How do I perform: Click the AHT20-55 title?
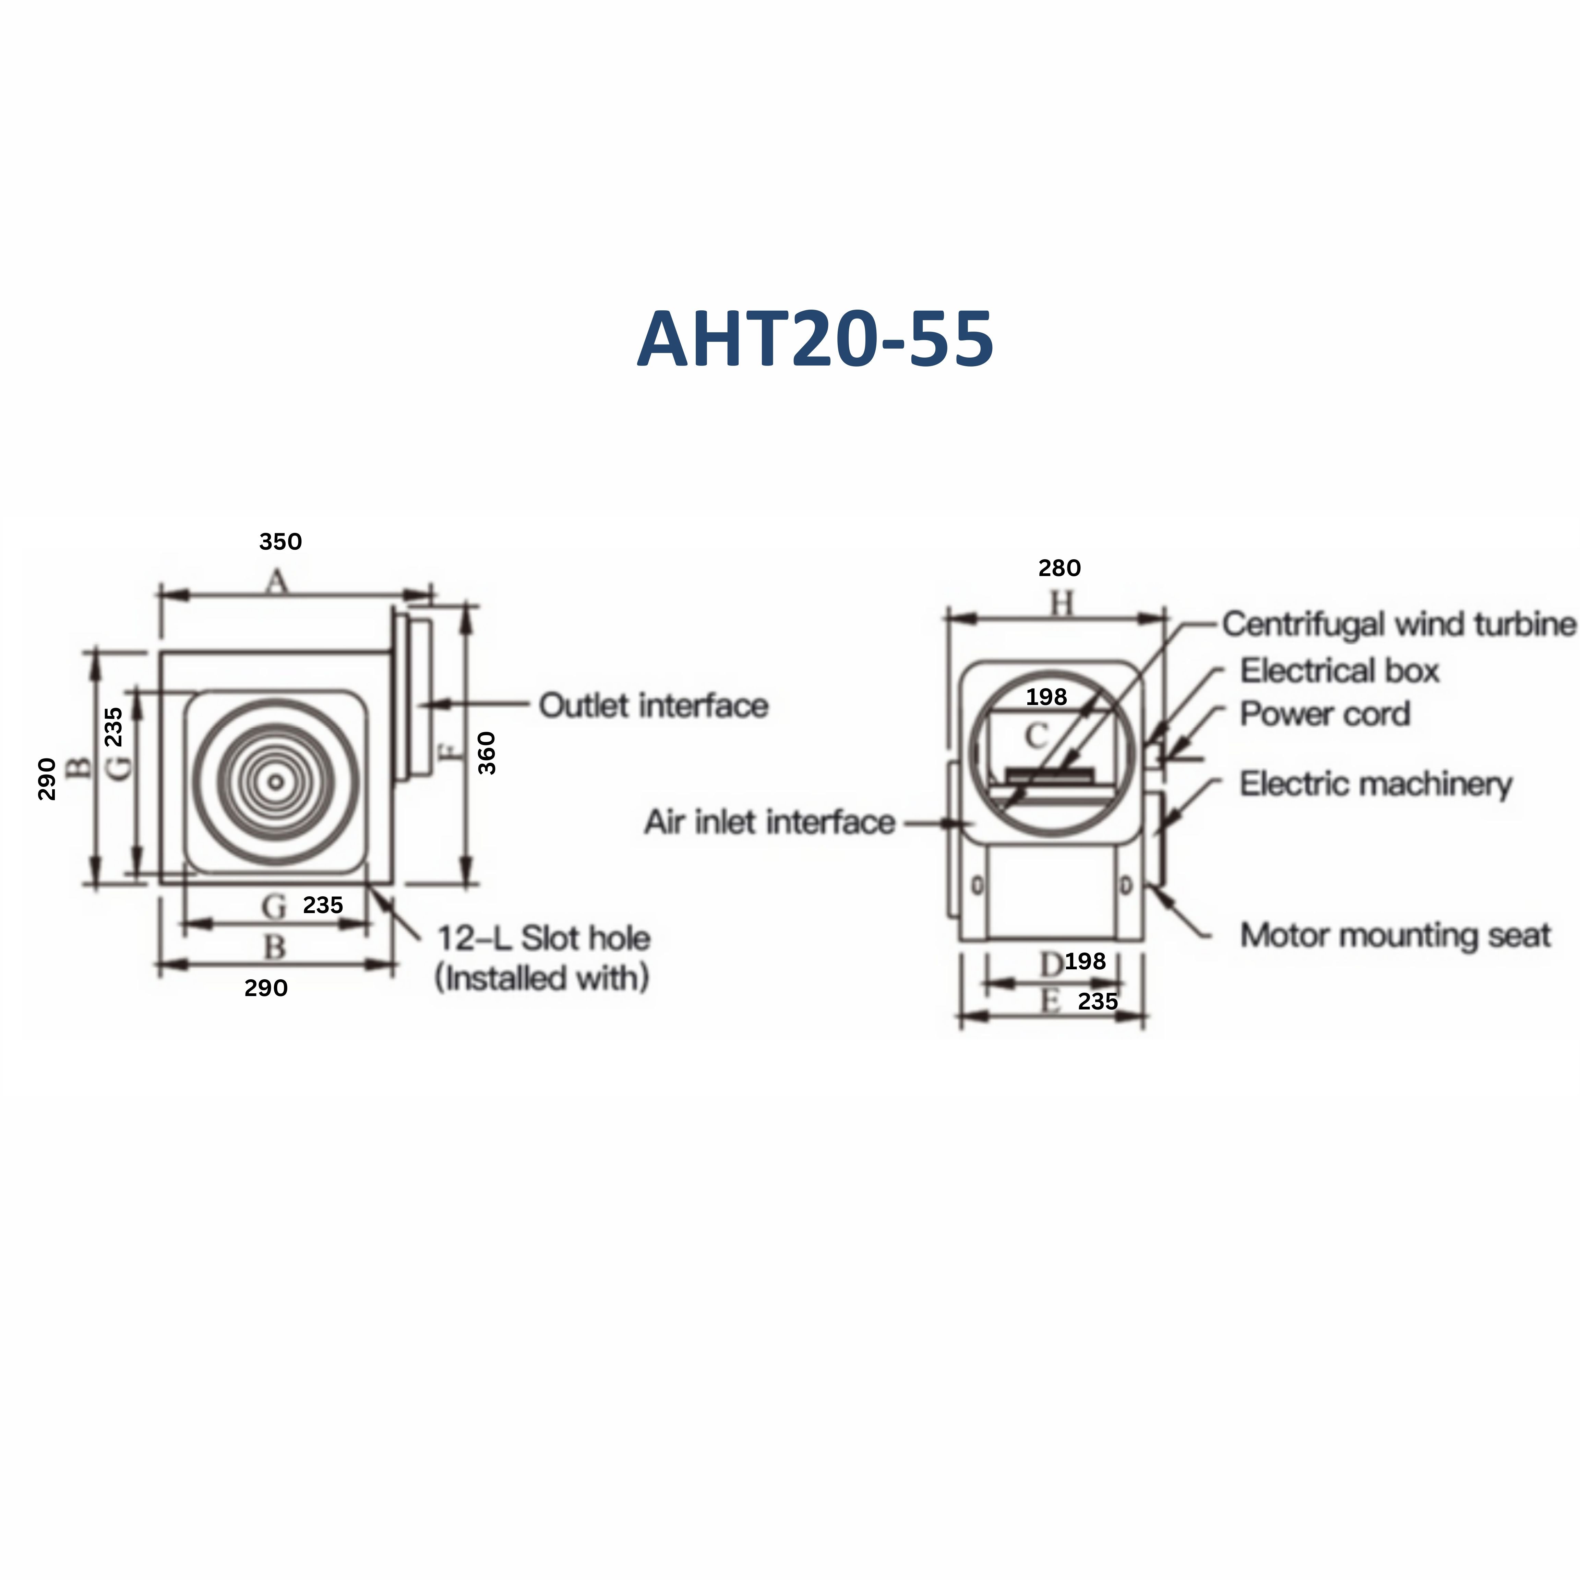815,338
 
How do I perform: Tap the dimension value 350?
280,541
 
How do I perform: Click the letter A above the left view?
277,582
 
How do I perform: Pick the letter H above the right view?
1061,605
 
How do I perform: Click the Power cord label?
1325,714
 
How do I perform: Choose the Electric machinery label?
1376,783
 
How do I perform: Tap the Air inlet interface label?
769,822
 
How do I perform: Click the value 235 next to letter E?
1098,1001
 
